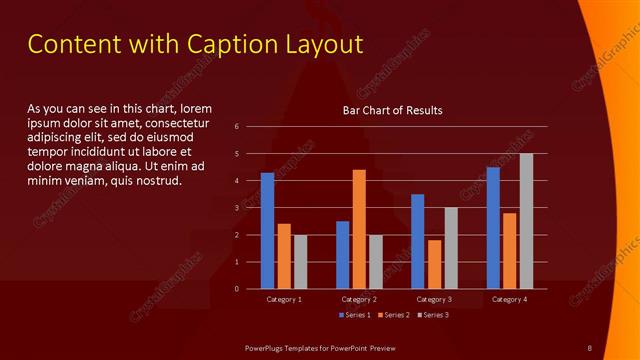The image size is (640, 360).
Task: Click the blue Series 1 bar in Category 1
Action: click(x=267, y=231)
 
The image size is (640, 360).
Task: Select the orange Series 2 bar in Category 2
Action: click(x=359, y=229)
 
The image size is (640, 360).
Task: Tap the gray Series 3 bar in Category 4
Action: click(x=526, y=221)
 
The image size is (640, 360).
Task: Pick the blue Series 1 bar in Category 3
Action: click(x=417, y=241)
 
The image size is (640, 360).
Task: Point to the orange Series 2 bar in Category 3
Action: click(x=434, y=264)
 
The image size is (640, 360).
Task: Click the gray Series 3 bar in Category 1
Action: click(x=300, y=261)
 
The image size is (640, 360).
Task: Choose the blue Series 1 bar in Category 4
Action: click(x=492, y=228)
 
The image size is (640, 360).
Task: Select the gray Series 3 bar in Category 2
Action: click(x=375, y=261)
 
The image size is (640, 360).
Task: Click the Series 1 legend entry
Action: click(x=355, y=315)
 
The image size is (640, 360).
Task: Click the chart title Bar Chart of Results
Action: click(x=392, y=110)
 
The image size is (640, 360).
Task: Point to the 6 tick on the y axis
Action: click(x=237, y=127)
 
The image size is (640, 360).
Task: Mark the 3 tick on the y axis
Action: click(x=237, y=208)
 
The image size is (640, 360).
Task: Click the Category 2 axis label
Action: click(x=359, y=299)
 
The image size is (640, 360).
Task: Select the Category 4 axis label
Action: click(x=509, y=299)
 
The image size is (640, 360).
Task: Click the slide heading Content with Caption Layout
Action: click(x=195, y=44)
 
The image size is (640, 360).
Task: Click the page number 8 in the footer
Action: click(x=590, y=347)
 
